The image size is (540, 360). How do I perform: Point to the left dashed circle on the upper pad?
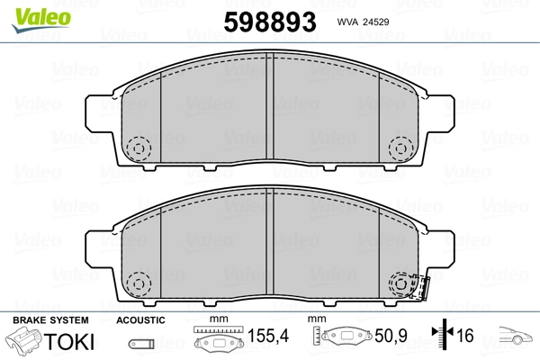(x=138, y=147)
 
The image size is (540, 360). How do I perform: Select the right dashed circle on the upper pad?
(x=400, y=147)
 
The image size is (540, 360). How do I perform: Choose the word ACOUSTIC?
(x=140, y=320)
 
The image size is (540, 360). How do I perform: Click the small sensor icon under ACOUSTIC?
(x=140, y=343)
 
